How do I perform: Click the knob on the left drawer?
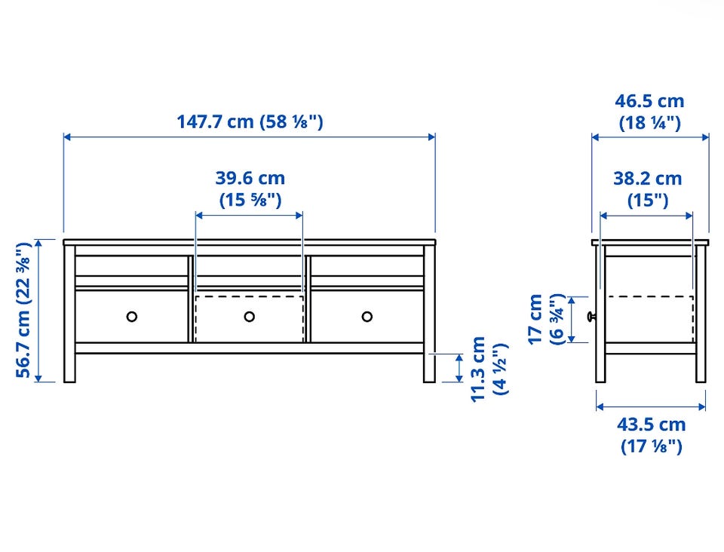(131, 317)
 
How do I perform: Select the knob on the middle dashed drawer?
(250, 317)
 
